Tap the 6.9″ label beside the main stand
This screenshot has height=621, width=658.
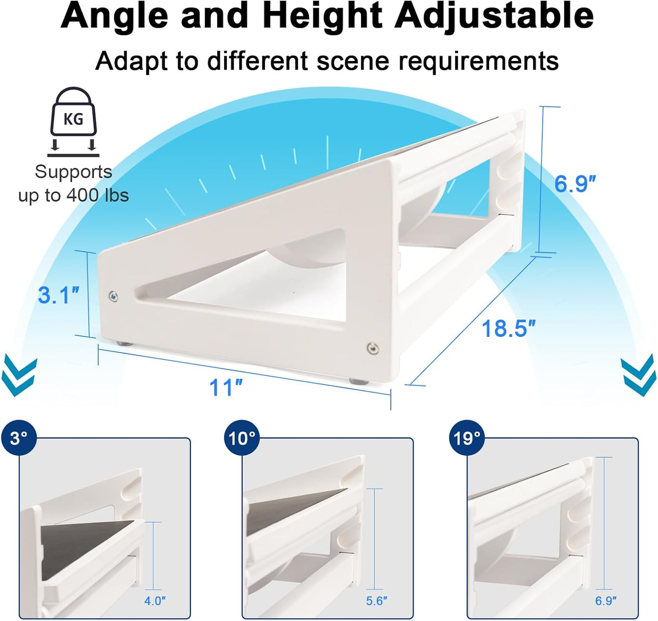[x=575, y=183]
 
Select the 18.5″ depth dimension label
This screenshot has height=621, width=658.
[x=508, y=328]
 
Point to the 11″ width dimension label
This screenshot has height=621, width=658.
[x=225, y=387]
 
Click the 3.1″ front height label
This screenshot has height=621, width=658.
[x=58, y=295]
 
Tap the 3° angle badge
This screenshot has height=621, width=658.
[x=19, y=438]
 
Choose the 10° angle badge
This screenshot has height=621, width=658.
[x=242, y=438]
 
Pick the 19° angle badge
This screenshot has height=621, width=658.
[x=467, y=438]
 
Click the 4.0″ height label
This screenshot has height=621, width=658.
[x=155, y=601]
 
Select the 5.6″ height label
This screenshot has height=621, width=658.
[x=377, y=601]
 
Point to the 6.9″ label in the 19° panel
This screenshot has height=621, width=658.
[x=606, y=601]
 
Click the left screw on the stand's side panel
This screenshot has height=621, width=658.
[x=113, y=297]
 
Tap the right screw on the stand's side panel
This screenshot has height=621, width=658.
[x=372, y=348]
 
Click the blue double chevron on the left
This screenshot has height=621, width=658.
[x=19, y=376]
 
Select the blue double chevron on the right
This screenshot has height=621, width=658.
[x=639, y=376]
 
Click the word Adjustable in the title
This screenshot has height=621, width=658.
[x=494, y=16]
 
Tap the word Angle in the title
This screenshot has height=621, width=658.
[x=114, y=16]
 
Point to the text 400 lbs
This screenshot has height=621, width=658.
[x=97, y=195]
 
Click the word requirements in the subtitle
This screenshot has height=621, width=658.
[x=478, y=61]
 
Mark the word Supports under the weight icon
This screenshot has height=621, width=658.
[x=73, y=172]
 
